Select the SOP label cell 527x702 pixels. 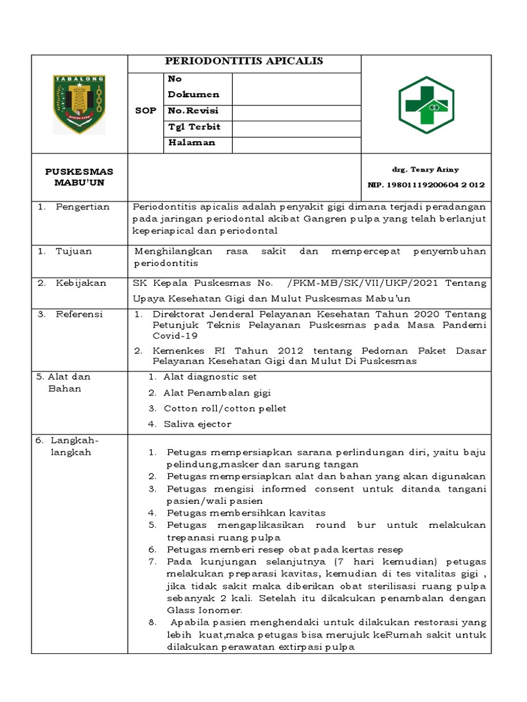point(145,110)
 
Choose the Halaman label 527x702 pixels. point(191,143)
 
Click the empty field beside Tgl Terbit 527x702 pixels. point(296,128)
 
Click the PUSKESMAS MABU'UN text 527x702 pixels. point(80,177)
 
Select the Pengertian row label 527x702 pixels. point(83,207)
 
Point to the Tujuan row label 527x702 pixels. point(73,252)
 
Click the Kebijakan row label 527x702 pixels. point(81,283)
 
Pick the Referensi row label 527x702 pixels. point(79,314)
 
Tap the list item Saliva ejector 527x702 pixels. point(197,424)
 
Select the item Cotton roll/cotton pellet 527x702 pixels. point(224,408)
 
